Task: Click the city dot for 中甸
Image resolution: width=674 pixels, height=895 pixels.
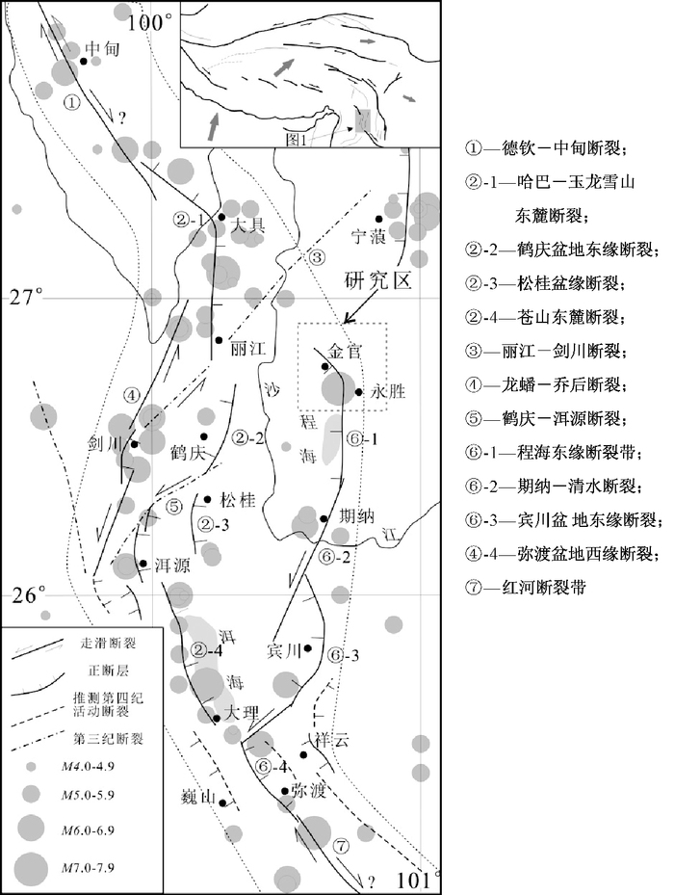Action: [x=84, y=61]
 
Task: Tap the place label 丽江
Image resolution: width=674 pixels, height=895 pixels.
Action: [x=247, y=351]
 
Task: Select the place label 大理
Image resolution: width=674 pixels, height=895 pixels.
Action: [x=242, y=713]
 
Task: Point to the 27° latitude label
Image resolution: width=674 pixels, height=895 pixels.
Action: [x=26, y=298]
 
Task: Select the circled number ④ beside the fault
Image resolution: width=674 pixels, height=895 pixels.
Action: [x=133, y=394]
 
